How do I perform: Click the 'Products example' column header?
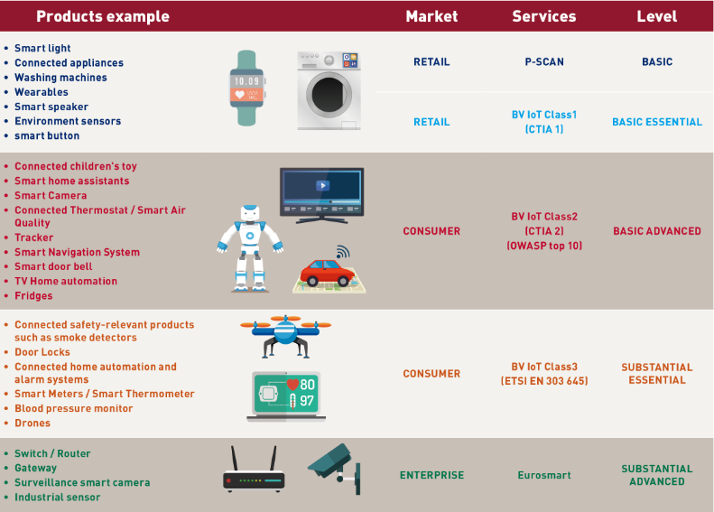pyautogui.click(x=102, y=16)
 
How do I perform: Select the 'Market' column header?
pyautogui.click(x=431, y=16)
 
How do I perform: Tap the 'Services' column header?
pyautogui.click(x=543, y=16)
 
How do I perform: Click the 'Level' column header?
pyautogui.click(x=656, y=16)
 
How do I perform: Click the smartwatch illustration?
pyautogui.click(x=246, y=88)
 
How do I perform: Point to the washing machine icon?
pyautogui.click(x=329, y=90)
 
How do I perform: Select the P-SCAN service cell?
pyautogui.click(x=543, y=62)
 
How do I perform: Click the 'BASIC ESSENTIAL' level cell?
pyautogui.click(x=656, y=122)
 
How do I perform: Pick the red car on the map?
pyautogui.click(x=326, y=271)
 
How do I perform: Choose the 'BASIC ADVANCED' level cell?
pyautogui.click(x=656, y=231)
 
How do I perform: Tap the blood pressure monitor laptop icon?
pyautogui.click(x=286, y=396)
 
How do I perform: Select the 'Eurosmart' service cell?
pyautogui.click(x=543, y=475)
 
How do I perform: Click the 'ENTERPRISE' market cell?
pyautogui.click(x=431, y=475)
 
